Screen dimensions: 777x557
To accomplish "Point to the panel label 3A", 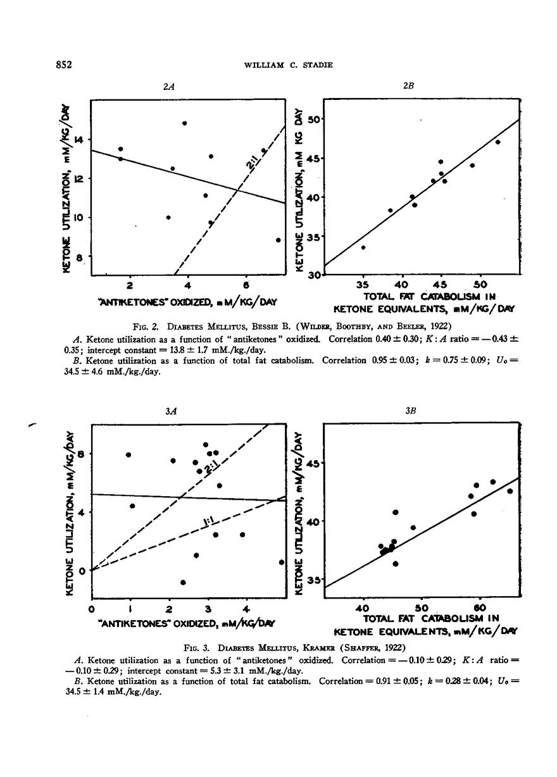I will (x=170, y=411).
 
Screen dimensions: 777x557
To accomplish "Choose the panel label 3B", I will (x=410, y=411).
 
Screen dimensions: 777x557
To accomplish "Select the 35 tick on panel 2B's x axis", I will (x=364, y=283).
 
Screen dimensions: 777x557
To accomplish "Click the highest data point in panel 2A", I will (x=184, y=123).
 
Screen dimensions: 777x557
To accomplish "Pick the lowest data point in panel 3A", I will (x=183, y=582).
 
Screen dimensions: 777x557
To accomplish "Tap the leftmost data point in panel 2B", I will (x=363, y=247).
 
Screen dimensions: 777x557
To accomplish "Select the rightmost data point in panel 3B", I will (x=510, y=491).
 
